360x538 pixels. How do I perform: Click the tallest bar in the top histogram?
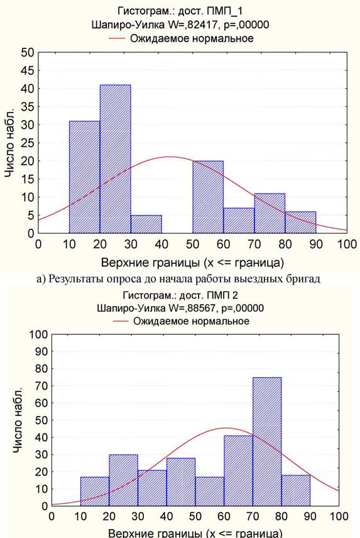pyautogui.click(x=115, y=159)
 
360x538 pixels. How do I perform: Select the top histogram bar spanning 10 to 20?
pyautogui.click(x=84, y=177)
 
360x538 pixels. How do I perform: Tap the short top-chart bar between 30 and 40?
pyautogui.click(x=146, y=224)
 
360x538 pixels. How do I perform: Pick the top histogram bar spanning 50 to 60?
pyautogui.click(x=208, y=197)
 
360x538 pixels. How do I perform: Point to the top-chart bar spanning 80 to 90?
pyautogui.click(x=300, y=222)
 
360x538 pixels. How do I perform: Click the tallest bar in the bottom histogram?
pyautogui.click(x=267, y=442)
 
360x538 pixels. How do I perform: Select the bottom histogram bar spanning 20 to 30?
pyautogui.click(x=123, y=480)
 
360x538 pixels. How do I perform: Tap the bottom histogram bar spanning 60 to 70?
pyautogui.click(x=238, y=471)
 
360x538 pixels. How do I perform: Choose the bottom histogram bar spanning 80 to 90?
pyautogui.click(x=296, y=491)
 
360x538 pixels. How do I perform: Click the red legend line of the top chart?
pyautogui.click(x=117, y=38)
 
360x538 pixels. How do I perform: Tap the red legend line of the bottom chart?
pyautogui.click(x=121, y=321)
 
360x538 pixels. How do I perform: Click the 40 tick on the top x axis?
pyautogui.click(x=161, y=244)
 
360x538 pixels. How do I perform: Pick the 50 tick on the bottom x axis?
pyautogui.click(x=195, y=516)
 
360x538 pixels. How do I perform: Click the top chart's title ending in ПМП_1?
pyautogui.click(x=180, y=11)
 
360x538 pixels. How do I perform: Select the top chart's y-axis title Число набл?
pyautogui.click(x=10, y=143)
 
